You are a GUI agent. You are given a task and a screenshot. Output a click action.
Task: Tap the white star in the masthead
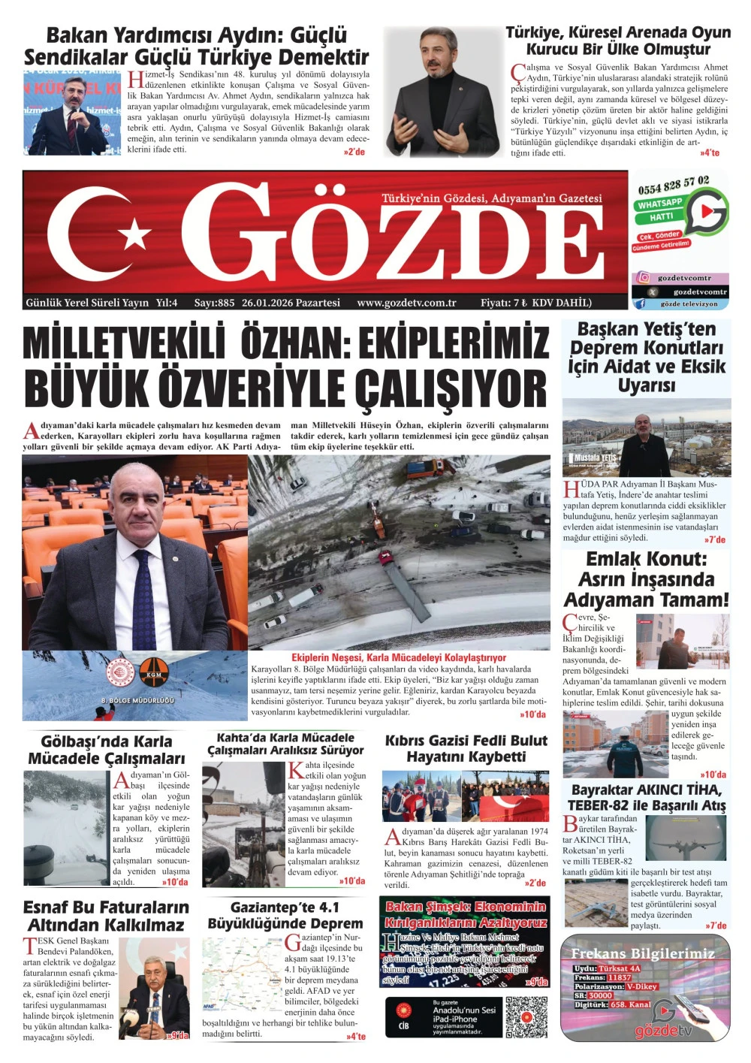tap(136, 234)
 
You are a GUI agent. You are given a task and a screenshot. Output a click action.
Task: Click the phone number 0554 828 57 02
tap(674, 184)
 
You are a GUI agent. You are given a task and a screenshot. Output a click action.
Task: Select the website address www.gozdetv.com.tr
tap(406, 303)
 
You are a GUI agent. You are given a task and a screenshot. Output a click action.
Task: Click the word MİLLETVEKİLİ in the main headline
tap(124, 343)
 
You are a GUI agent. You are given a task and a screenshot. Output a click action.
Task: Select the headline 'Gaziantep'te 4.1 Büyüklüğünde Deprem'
tap(285, 915)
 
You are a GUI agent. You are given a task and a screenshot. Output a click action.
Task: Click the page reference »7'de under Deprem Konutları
tap(715, 539)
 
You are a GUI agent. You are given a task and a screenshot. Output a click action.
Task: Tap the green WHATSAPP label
tap(660, 204)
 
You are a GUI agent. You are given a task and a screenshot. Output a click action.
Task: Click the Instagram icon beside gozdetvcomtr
tap(644, 277)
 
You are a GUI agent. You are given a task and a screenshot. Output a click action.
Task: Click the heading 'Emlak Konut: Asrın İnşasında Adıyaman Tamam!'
tap(646, 579)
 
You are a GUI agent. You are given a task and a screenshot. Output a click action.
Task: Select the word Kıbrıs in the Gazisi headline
tap(411, 741)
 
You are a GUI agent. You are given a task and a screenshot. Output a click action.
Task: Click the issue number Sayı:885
tap(214, 303)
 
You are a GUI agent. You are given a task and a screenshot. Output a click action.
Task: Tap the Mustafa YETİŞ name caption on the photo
tap(595, 458)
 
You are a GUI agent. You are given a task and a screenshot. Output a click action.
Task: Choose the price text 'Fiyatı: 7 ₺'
tap(503, 303)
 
